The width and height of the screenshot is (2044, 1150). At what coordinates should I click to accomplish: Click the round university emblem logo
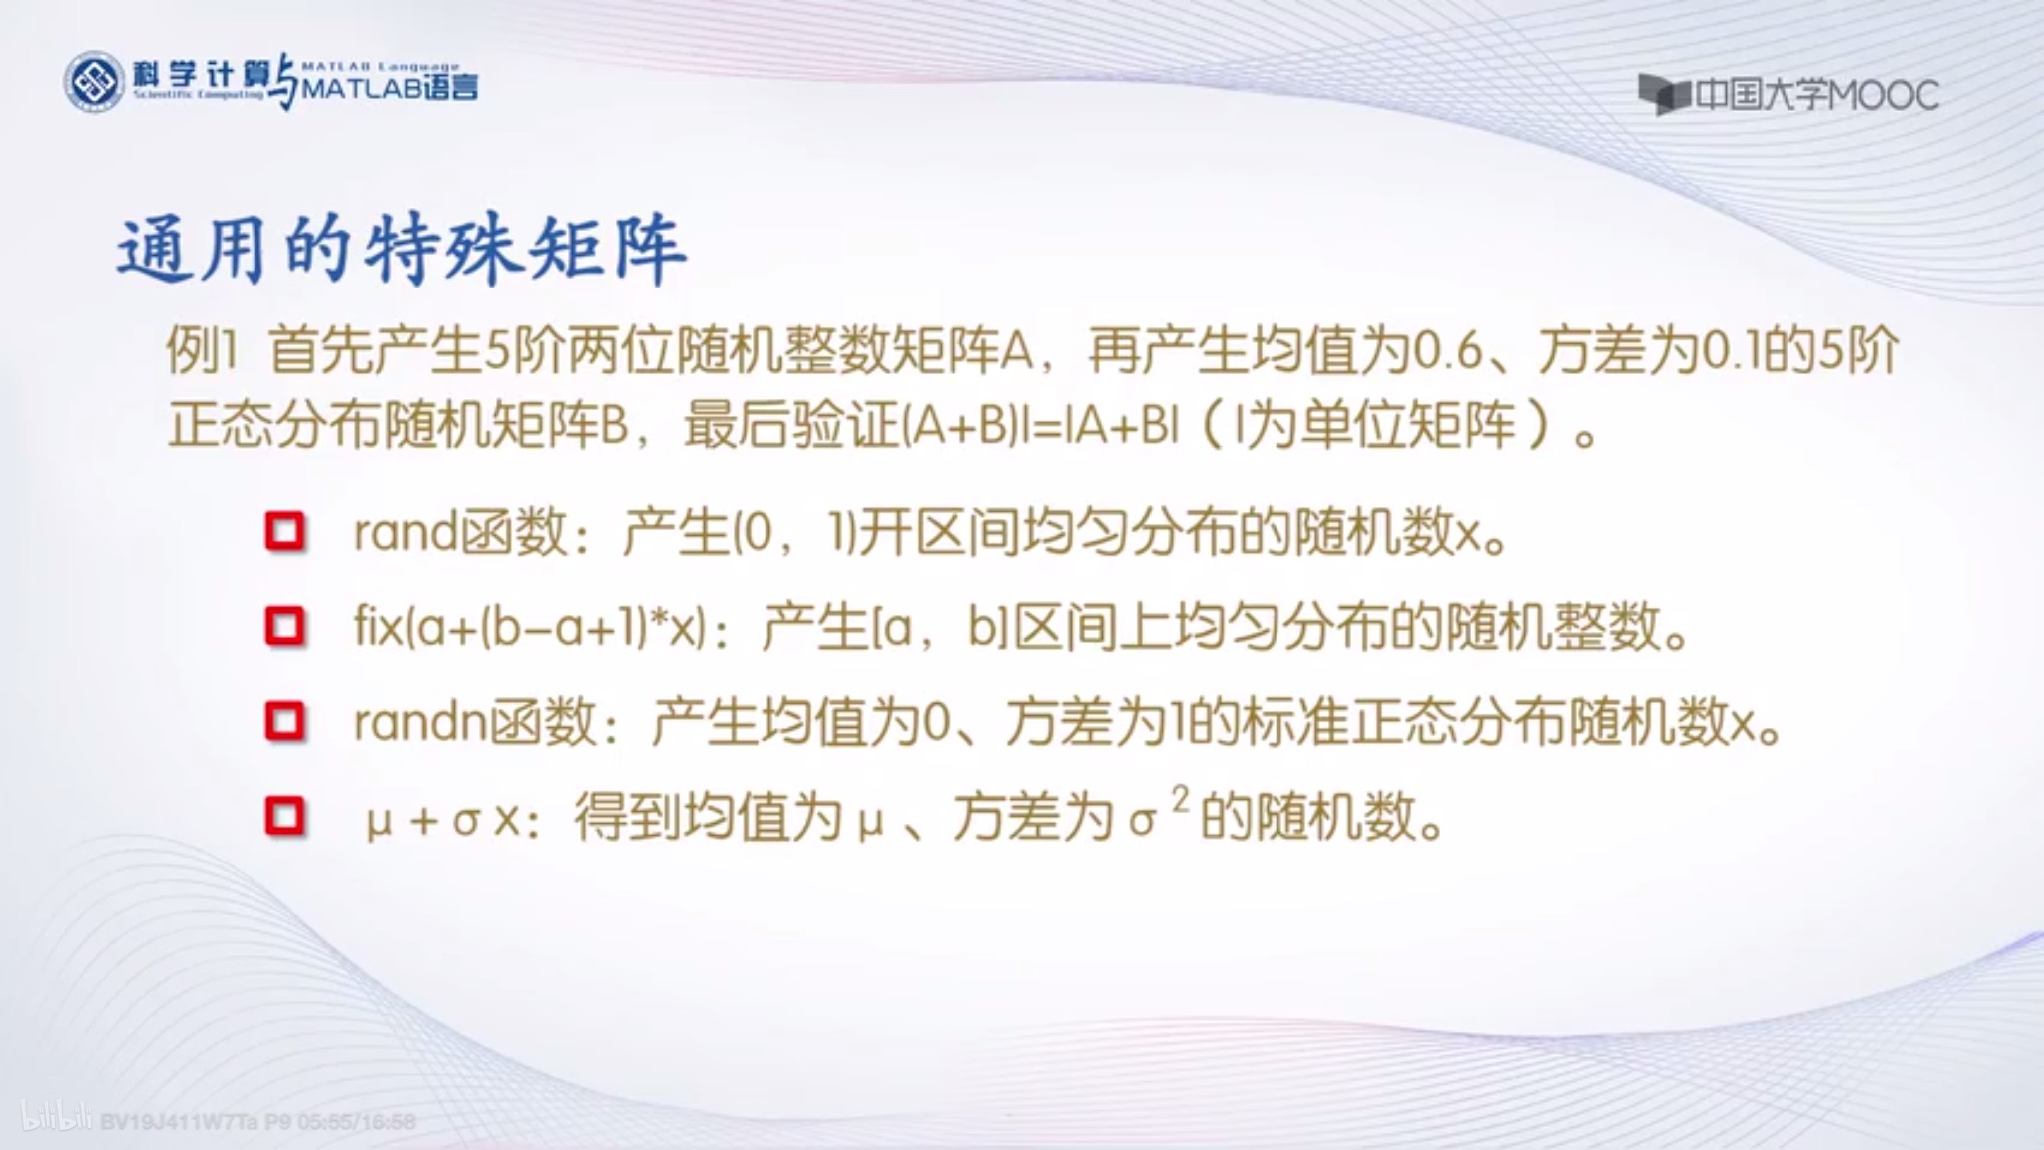(95, 82)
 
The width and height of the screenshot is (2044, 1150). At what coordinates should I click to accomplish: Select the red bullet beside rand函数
(285, 531)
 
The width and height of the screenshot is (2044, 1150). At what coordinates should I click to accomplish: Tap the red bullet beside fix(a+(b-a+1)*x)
(285, 626)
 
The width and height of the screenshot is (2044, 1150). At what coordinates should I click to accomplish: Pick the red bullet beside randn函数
(285, 720)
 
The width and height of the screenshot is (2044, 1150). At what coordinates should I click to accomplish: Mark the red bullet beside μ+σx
(285, 816)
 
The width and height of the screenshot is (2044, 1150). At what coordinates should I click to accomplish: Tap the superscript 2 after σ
(1181, 799)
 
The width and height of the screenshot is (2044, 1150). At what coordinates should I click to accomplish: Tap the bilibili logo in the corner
(56, 1119)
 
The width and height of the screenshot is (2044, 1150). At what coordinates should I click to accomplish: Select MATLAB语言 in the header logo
(390, 88)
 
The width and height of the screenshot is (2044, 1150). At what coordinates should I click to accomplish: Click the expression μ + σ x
(443, 819)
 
